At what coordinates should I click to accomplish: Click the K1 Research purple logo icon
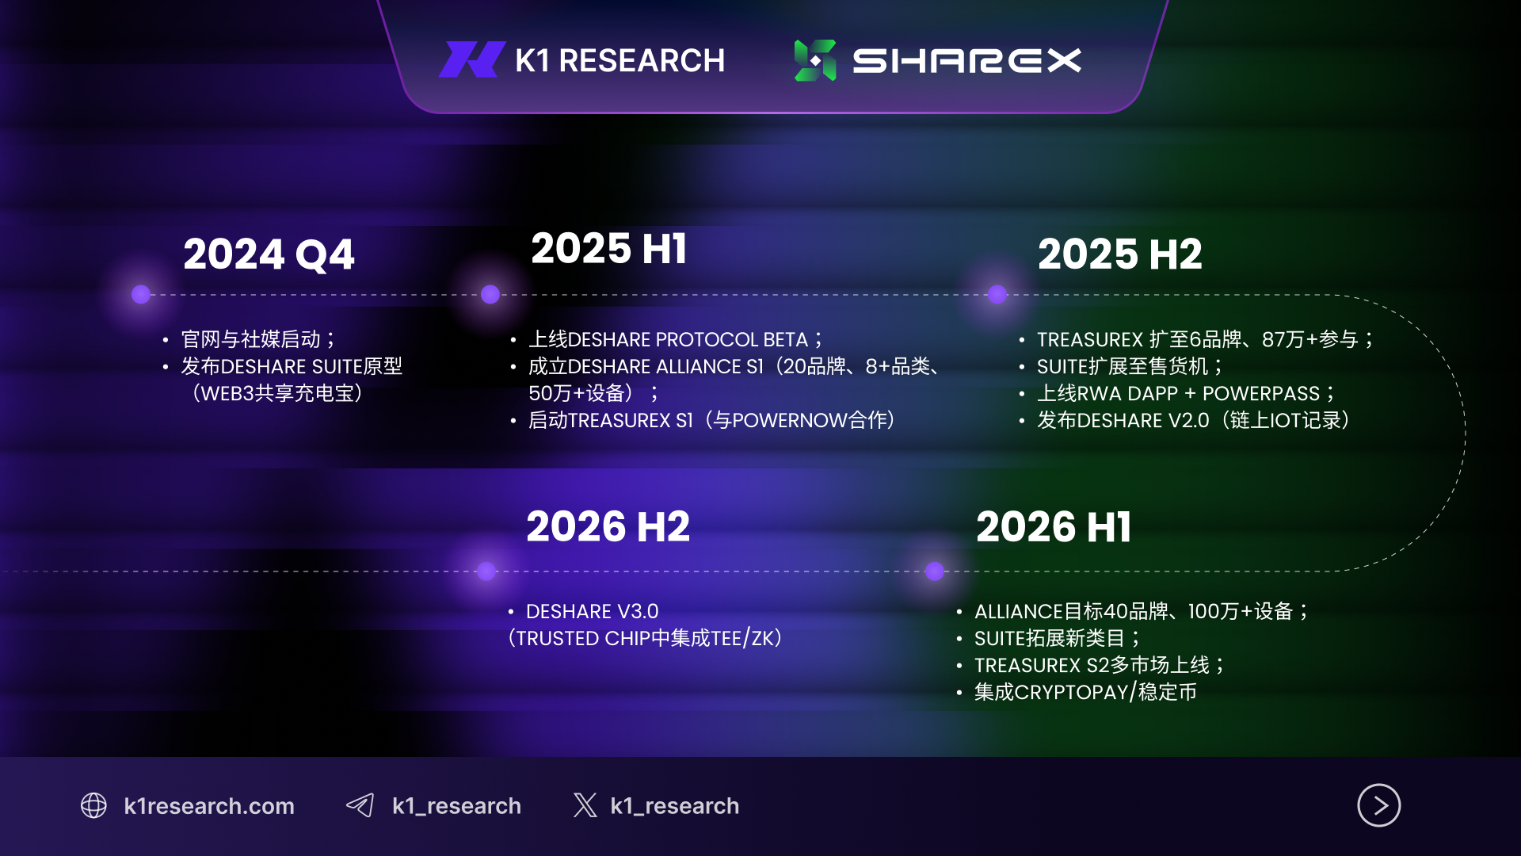pyautogui.click(x=472, y=59)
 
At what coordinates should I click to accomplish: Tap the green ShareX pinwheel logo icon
pyautogui.click(x=815, y=60)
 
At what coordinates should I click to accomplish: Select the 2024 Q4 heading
pyautogui.click(x=269, y=254)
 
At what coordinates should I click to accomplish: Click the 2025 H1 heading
pyautogui.click(x=608, y=248)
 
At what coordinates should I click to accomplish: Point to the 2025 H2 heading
pyautogui.click(x=1119, y=254)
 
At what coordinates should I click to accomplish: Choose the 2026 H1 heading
pyautogui.click(x=1054, y=527)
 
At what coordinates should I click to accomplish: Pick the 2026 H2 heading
pyautogui.click(x=608, y=527)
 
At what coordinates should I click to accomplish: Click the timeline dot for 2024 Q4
pyautogui.click(x=141, y=295)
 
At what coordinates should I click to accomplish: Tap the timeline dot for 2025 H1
pyautogui.click(x=490, y=295)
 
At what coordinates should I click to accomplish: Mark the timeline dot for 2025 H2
pyautogui.click(x=997, y=295)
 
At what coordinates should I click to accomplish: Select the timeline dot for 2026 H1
pyautogui.click(x=935, y=571)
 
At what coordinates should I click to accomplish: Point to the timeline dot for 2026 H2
pyautogui.click(x=486, y=571)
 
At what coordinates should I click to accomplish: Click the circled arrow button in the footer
pyautogui.click(x=1379, y=805)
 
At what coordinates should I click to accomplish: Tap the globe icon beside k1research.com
pyautogui.click(x=93, y=805)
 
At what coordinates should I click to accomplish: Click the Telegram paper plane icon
pyautogui.click(x=360, y=805)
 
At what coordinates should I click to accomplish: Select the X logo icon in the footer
pyautogui.click(x=585, y=805)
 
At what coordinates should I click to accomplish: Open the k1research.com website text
pyautogui.click(x=209, y=806)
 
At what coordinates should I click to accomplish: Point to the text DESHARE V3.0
pyautogui.click(x=593, y=612)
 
